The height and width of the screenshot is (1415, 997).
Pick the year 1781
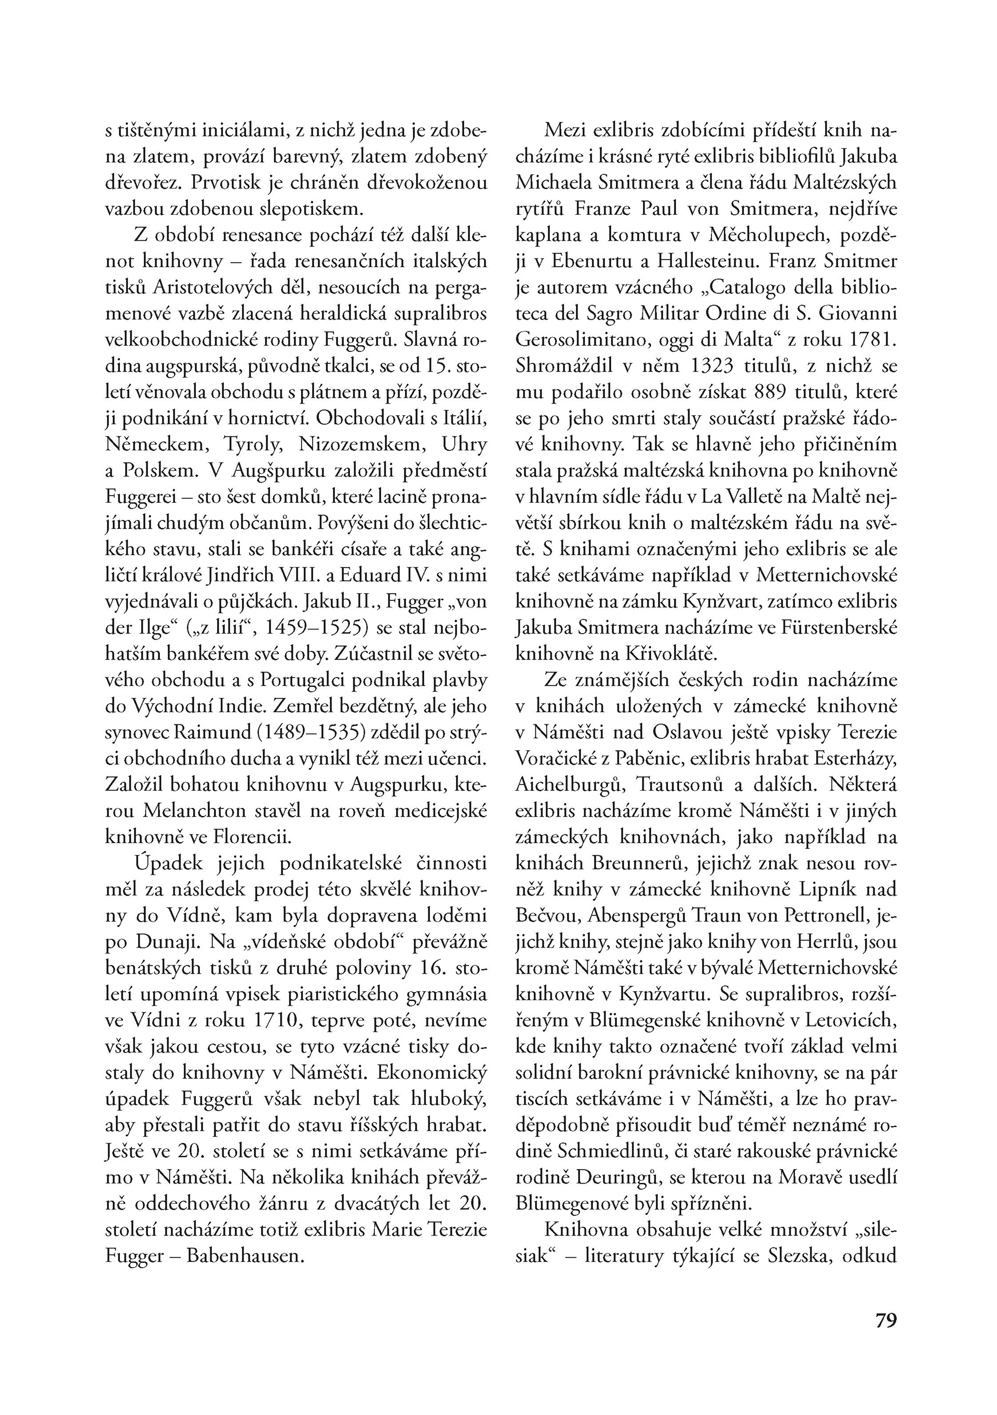872,339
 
